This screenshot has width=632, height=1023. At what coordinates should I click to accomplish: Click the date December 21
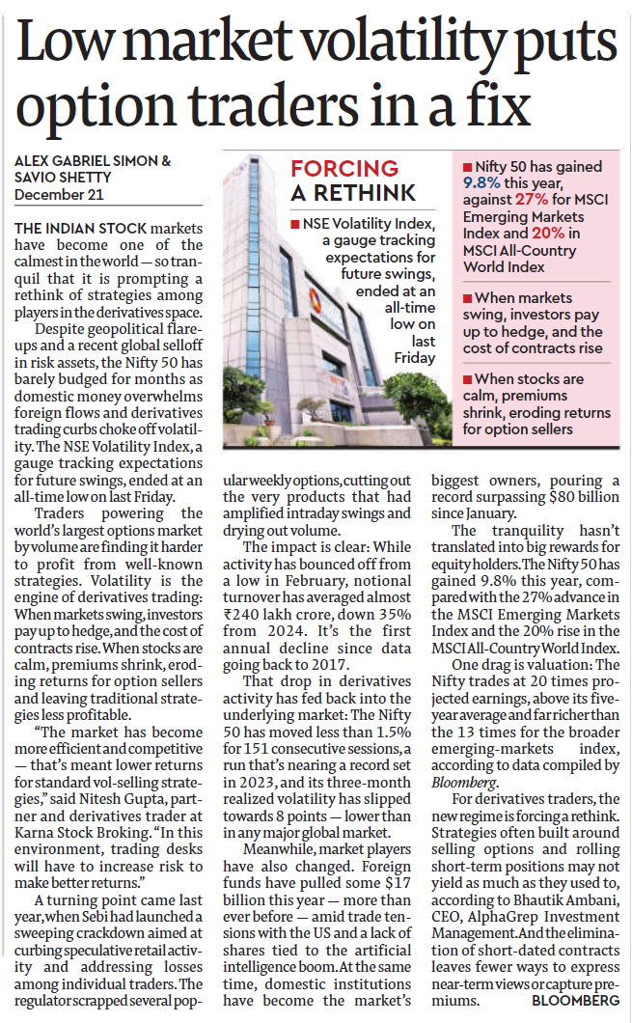pos(57,196)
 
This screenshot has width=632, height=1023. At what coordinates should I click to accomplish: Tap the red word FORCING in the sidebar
pos(344,169)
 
